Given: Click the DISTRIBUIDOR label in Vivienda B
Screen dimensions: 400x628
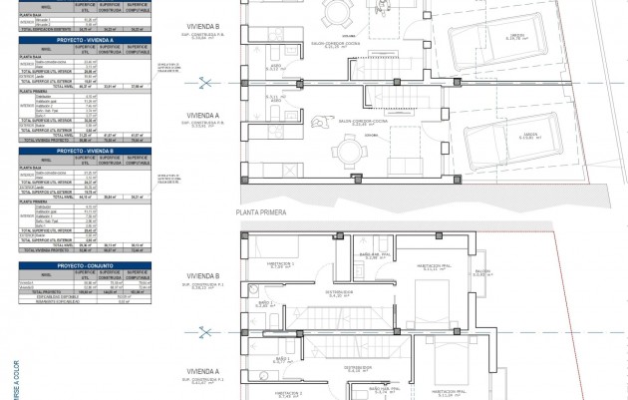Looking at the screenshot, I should pos(343,292).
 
